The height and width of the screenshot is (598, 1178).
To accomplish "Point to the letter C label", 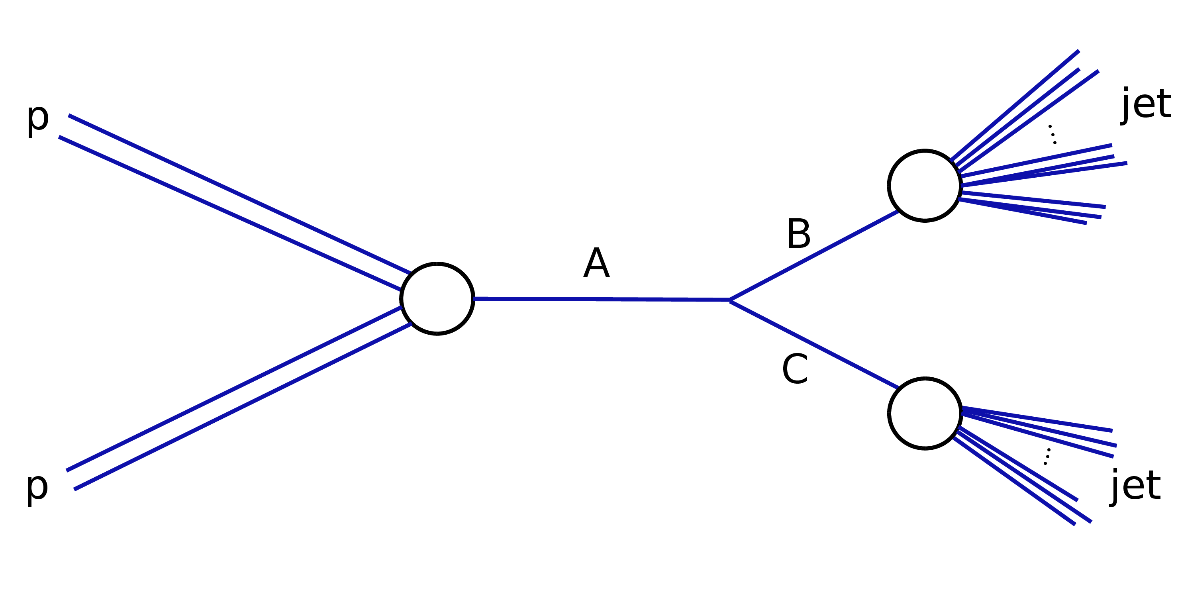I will tap(795, 369).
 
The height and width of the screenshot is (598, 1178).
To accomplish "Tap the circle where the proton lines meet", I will tap(437, 299).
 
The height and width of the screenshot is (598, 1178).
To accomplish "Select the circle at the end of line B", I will tap(925, 186).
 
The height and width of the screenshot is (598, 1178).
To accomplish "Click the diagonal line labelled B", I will tap(814, 255).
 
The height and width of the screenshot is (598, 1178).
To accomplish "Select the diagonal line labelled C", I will tap(814, 344).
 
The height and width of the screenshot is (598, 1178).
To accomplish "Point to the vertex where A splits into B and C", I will tap(730, 300).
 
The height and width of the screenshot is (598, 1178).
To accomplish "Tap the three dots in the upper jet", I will tap(1052, 134).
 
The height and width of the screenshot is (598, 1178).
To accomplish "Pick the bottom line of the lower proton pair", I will tap(242, 407).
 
